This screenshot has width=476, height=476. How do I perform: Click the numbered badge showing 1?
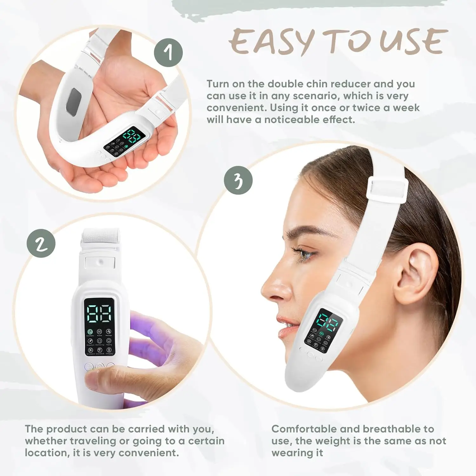click(169, 53)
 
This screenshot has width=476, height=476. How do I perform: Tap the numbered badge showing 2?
click(41, 243)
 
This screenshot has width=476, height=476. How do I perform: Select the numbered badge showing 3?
click(238, 180)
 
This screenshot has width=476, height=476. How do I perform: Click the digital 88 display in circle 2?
click(99, 314)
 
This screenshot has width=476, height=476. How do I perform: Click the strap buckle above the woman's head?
click(387, 190)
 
